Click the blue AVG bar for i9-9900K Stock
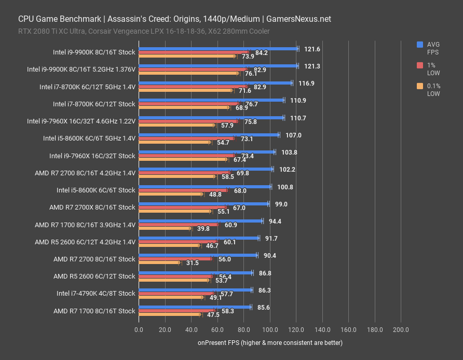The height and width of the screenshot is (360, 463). (218, 49)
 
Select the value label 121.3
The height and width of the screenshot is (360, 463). (312, 66)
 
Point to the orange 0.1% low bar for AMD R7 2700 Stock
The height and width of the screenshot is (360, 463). (159, 262)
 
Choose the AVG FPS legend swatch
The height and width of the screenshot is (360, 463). (420, 45)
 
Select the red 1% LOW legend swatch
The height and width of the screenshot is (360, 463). (420, 65)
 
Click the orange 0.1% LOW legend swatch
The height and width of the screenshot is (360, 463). (420, 86)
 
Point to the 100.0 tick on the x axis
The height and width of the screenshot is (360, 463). (270, 330)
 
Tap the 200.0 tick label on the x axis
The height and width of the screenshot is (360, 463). (401, 330)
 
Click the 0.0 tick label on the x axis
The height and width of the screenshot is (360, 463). (139, 330)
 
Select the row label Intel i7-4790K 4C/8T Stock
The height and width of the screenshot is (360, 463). (96, 294)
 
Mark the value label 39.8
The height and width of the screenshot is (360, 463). (204, 229)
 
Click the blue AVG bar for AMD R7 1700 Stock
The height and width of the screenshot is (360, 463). (195, 307)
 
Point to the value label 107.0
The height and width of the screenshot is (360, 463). (293, 135)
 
